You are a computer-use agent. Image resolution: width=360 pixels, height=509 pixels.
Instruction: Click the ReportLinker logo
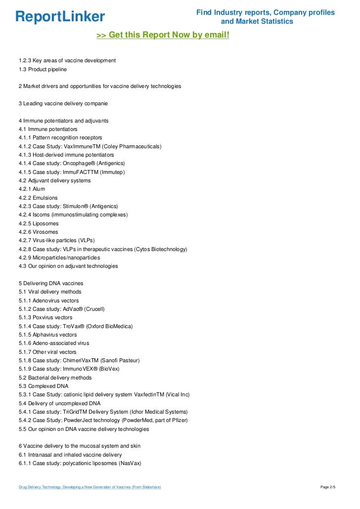[x=60, y=17]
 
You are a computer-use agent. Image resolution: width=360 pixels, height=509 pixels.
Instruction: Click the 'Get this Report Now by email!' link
[x=163, y=36]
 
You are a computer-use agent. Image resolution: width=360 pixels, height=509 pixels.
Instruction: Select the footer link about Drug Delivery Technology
[x=90, y=488]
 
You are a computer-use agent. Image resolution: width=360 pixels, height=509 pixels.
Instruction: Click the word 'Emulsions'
[x=45, y=198]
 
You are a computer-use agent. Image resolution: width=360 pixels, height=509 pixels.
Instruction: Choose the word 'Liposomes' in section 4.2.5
[x=46, y=223]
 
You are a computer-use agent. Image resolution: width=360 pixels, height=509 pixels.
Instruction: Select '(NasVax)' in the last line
[x=127, y=463]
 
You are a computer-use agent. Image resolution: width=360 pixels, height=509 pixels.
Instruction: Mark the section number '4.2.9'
[x=25, y=257]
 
